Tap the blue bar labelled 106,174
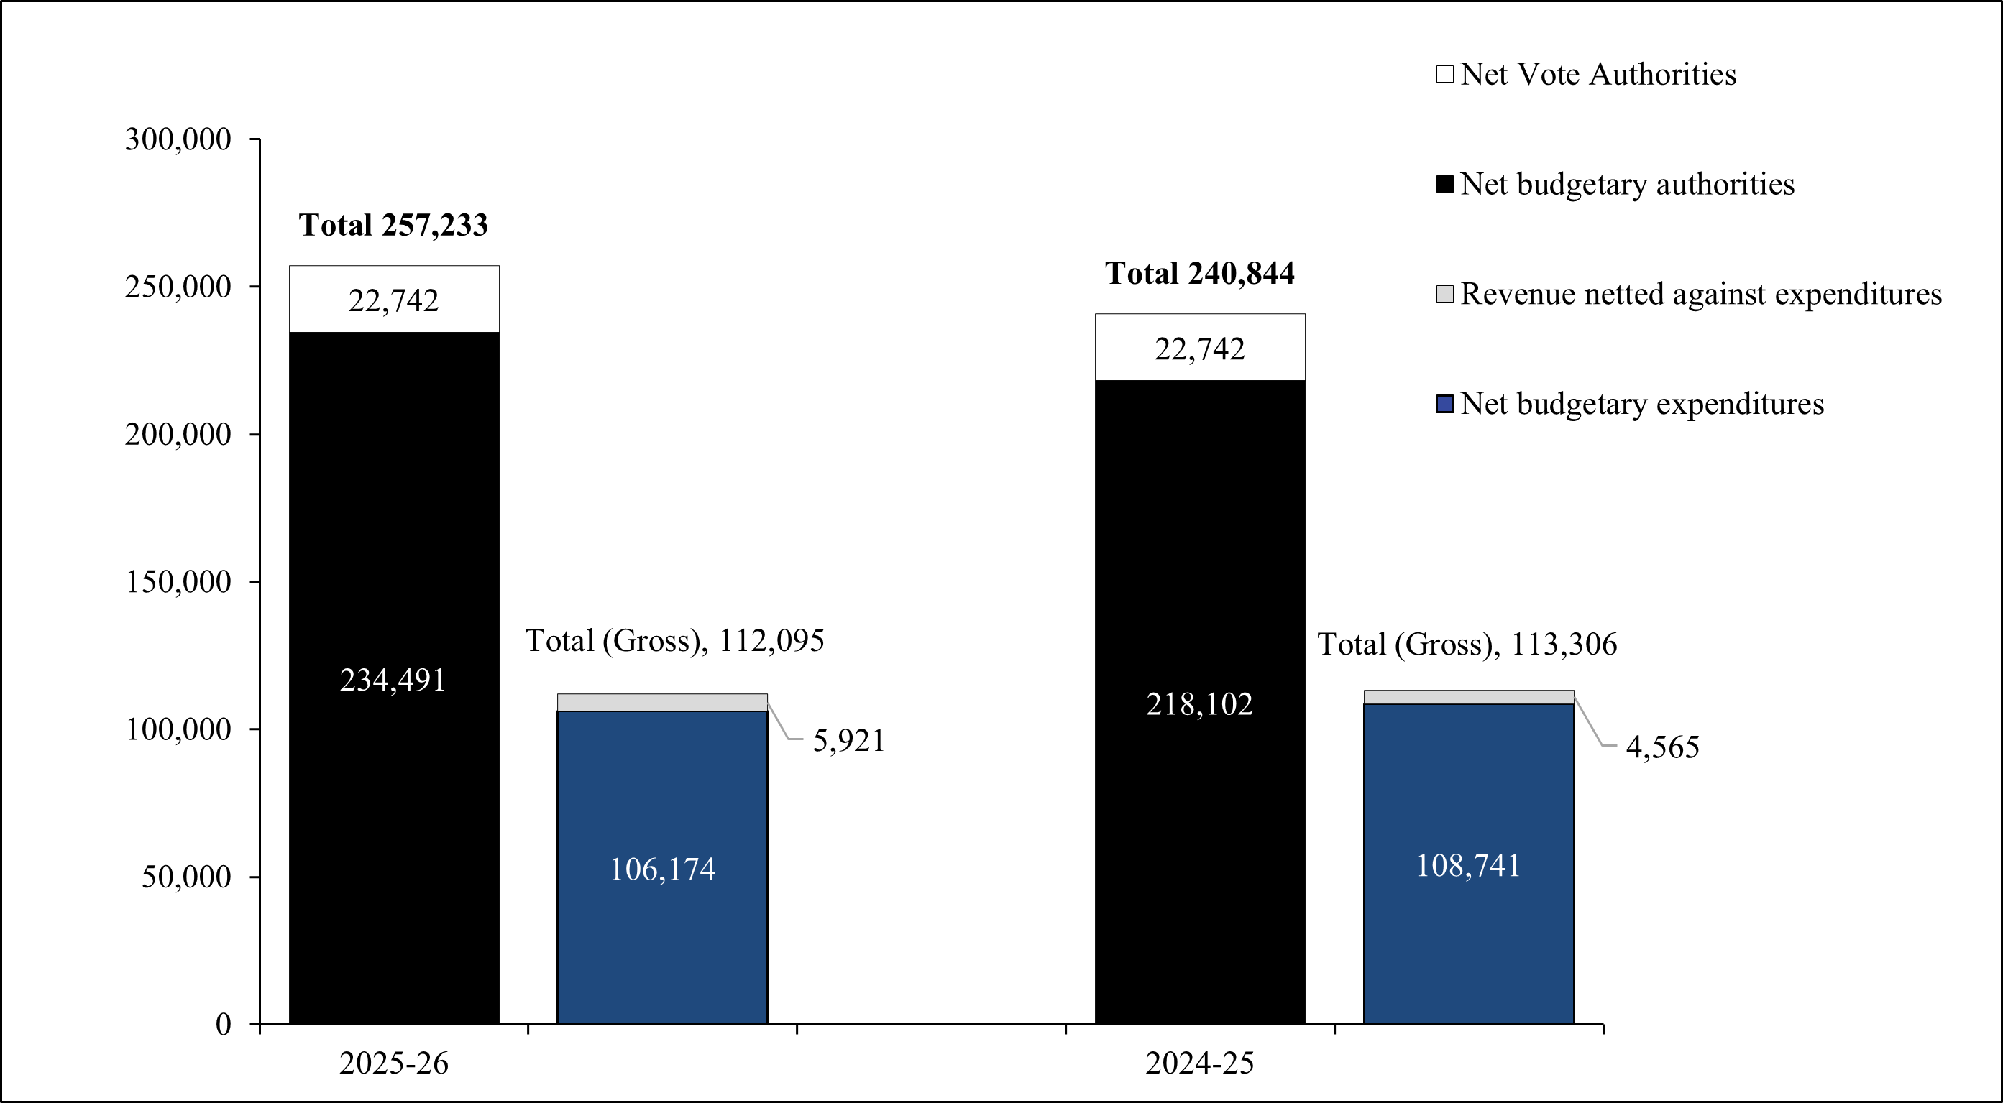point(661,867)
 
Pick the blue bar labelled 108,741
point(1468,864)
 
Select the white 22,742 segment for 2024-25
point(1200,348)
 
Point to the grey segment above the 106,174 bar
point(661,702)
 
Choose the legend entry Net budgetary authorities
point(1627,184)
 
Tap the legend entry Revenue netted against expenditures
point(1700,294)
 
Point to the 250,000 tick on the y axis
point(178,287)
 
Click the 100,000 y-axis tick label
point(178,729)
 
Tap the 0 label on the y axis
point(223,1025)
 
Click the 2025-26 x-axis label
point(393,1063)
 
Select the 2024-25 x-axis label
point(1200,1063)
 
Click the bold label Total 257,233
point(393,226)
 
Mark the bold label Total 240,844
point(1200,274)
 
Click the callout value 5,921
point(848,741)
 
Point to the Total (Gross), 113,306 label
point(1467,645)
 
